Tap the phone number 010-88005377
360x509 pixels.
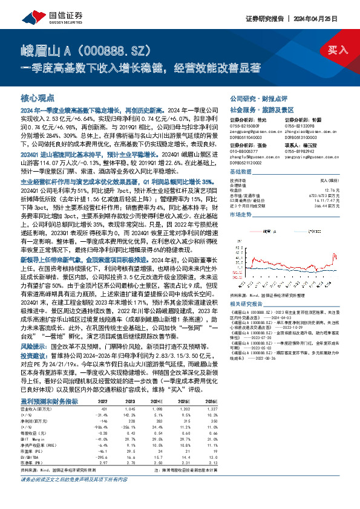(244, 154)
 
